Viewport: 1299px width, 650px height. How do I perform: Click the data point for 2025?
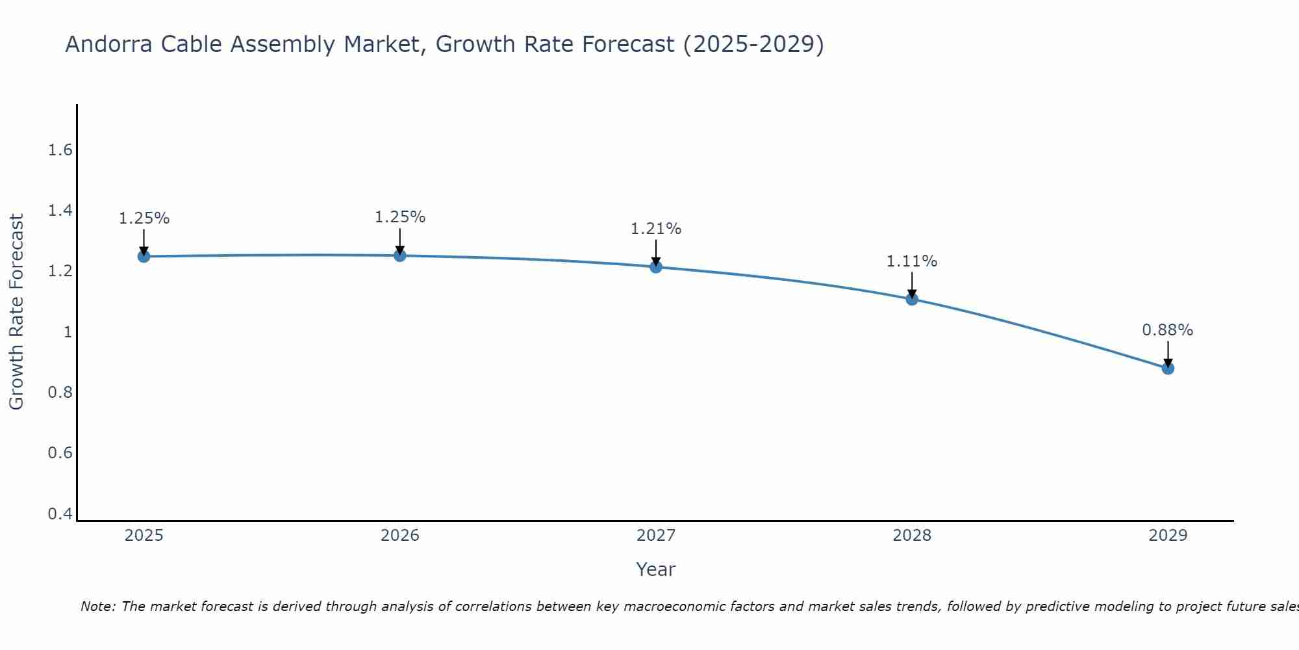coord(144,257)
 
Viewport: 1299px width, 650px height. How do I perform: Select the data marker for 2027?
coord(656,267)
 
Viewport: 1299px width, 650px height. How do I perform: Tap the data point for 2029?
coord(1168,369)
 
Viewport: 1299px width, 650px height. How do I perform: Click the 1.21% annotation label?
coord(656,229)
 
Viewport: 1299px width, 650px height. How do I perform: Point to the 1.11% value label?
coord(912,261)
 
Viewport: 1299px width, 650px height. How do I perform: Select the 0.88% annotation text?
coord(1168,330)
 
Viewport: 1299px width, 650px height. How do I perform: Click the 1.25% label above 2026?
coord(400,217)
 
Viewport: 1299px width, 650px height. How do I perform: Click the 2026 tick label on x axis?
coord(400,536)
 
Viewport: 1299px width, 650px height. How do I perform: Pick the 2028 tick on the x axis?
coord(912,536)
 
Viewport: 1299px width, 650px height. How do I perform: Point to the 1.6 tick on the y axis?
coord(60,150)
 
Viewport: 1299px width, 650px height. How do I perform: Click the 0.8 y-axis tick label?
coord(60,393)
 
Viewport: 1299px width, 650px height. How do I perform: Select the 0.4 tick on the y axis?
coord(60,514)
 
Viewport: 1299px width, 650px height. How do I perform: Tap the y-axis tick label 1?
coord(68,332)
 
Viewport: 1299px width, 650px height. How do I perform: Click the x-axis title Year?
coord(656,569)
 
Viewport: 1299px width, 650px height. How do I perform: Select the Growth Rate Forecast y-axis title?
coord(16,312)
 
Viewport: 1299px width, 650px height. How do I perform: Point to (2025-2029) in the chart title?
coord(753,44)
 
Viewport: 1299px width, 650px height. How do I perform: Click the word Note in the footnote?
coord(97,606)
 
